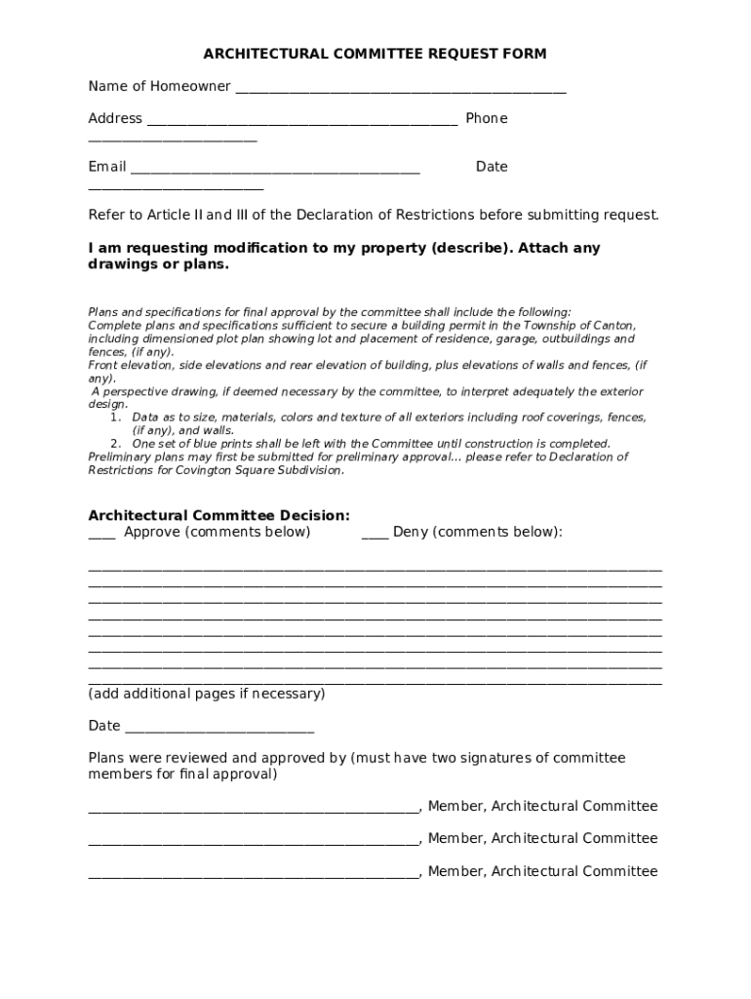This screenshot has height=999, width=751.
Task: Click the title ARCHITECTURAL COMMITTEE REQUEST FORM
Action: click(375, 54)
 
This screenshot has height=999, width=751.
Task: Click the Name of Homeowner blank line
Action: click(400, 90)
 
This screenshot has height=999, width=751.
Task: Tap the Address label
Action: click(115, 118)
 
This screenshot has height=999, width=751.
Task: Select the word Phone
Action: click(486, 118)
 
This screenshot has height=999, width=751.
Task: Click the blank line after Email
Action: click(275, 171)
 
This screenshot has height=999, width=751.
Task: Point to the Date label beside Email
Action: click(492, 167)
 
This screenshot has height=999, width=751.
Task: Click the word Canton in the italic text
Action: click(613, 325)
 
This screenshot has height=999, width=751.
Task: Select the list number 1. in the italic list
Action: click(115, 417)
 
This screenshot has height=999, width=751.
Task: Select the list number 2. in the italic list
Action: click(115, 443)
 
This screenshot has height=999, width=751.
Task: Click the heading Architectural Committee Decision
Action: click(218, 515)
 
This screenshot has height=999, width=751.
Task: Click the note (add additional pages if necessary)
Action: click(207, 694)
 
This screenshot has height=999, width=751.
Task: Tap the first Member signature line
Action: click(253, 810)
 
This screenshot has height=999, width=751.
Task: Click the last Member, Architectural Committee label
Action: click(542, 871)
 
